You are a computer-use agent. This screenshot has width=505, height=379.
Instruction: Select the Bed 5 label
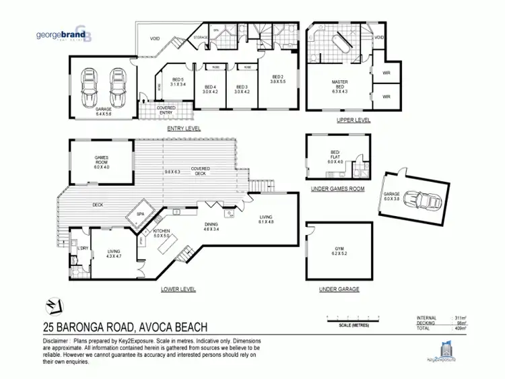coord(176,81)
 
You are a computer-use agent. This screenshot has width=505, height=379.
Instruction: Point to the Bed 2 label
coord(277,79)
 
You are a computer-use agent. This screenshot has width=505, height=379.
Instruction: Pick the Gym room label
coord(339,254)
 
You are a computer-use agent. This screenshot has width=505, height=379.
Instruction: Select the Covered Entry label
coord(166,110)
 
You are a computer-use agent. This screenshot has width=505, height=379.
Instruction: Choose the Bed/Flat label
coord(335,159)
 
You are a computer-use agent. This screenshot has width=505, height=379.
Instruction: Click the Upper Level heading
coord(353,120)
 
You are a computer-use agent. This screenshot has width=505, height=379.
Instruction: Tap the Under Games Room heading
coord(337,189)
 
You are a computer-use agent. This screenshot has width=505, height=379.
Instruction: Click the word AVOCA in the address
coord(161,329)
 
